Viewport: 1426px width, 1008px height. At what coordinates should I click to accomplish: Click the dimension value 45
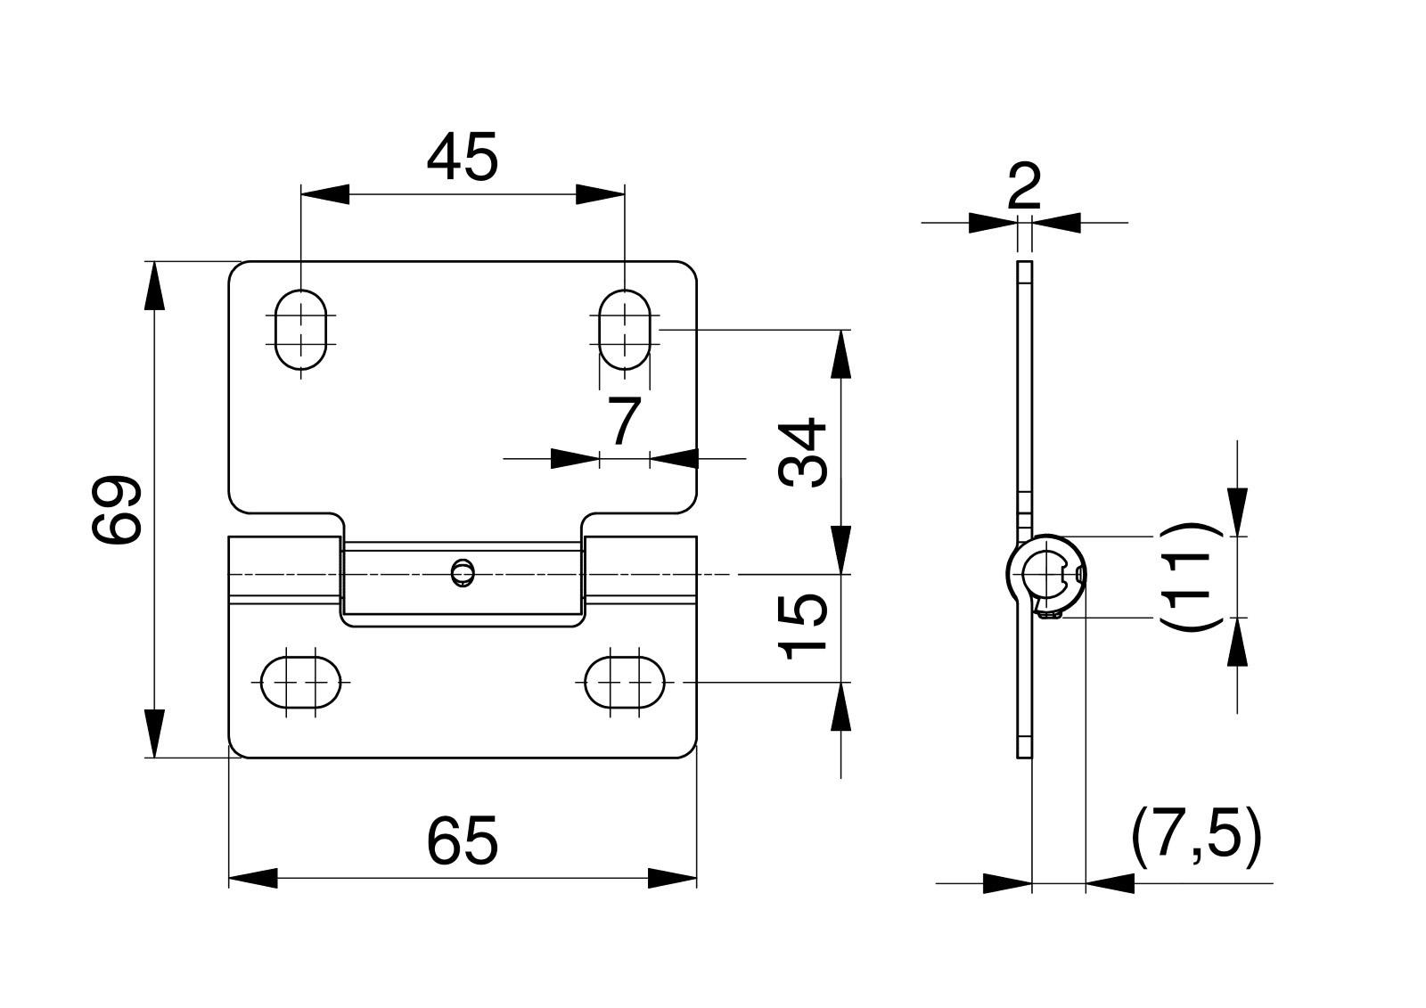coord(463,157)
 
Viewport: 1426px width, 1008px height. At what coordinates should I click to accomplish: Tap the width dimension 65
coord(463,840)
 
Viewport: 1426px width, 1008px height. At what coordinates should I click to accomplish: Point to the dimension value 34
coord(802,453)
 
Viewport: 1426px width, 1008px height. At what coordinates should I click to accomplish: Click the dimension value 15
coord(802,626)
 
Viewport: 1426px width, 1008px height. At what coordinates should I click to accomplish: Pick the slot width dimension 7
coord(624,421)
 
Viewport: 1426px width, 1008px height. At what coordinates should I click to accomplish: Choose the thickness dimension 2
coord(1024,185)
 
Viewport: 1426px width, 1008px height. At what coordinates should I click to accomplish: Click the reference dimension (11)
coord(1185,577)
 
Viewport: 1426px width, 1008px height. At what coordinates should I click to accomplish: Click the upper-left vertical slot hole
coord(300,329)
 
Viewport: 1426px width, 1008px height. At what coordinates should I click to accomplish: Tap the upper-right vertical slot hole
coord(625,329)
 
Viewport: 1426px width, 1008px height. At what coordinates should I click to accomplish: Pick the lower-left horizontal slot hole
coord(301,682)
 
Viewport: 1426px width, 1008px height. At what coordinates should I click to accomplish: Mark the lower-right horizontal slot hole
coord(625,682)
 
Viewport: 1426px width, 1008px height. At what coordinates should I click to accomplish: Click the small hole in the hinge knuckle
coord(463,572)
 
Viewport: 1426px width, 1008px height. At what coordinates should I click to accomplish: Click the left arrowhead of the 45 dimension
coord(324,194)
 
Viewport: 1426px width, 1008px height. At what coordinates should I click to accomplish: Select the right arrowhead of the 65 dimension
coord(672,878)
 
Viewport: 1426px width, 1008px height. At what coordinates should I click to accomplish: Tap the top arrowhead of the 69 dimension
coord(154,286)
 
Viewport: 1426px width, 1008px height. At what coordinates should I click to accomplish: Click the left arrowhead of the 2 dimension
coord(993,223)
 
